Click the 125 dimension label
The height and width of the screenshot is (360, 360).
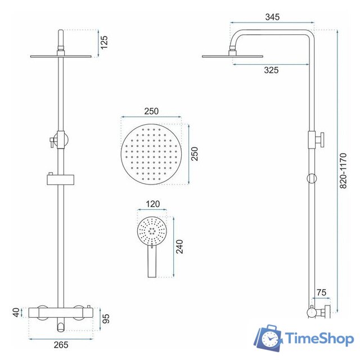click(105, 42)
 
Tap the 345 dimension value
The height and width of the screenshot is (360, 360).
click(273, 18)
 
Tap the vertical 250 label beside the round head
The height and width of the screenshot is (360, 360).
click(195, 150)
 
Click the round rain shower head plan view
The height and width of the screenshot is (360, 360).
click(151, 150)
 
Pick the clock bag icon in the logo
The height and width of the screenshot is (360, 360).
click(269, 338)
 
